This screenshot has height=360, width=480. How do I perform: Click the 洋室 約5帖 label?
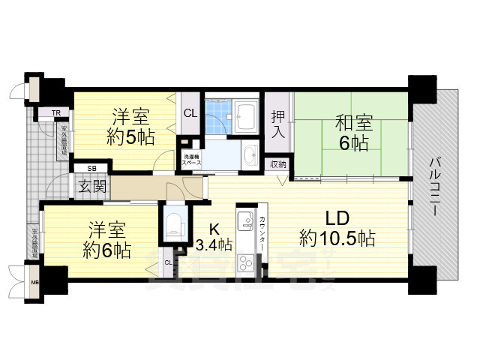coord(130,127)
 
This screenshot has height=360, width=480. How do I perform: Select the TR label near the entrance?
coord(55,114)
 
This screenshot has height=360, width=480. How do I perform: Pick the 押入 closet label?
coord(278,124)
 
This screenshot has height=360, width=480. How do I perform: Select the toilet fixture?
coord(173,223)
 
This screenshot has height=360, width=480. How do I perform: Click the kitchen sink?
coord(246,222)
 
